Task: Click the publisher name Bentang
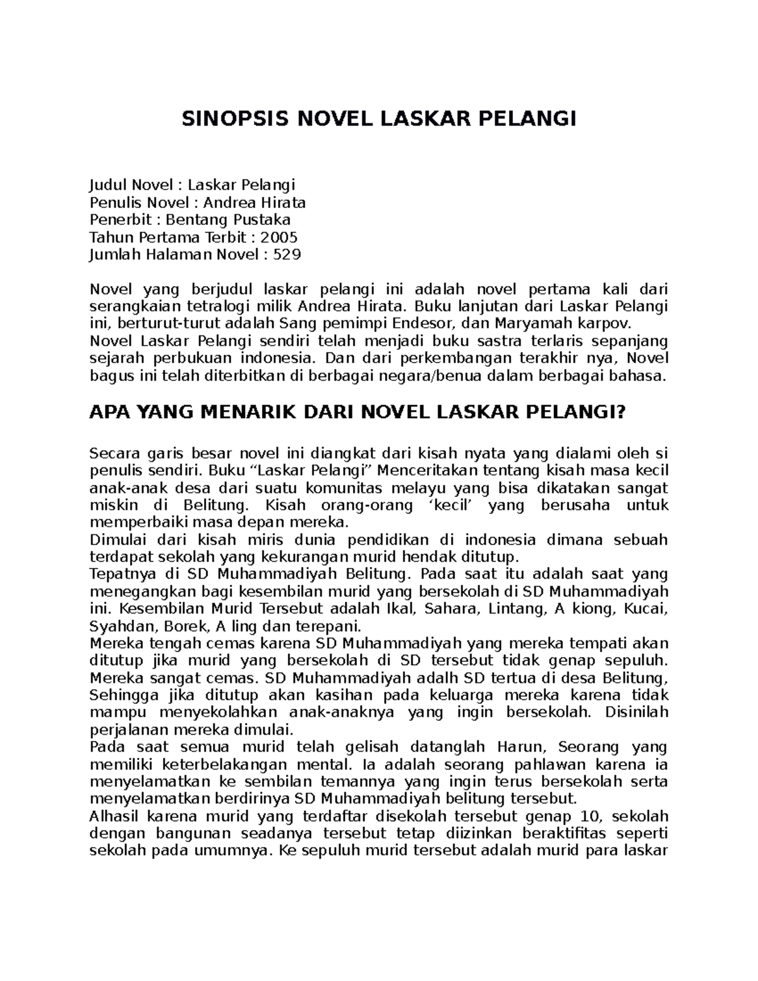coord(190,220)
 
